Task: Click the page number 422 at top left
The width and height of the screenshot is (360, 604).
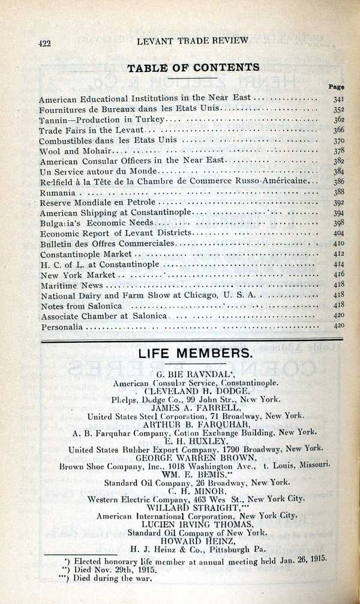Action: (43, 42)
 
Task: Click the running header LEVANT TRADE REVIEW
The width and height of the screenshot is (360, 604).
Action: (192, 40)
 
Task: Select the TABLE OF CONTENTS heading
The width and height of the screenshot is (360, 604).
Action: (193, 67)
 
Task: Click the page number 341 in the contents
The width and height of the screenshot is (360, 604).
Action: (338, 98)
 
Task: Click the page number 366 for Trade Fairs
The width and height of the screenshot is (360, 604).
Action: (338, 130)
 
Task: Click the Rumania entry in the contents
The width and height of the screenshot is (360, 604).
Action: (58, 193)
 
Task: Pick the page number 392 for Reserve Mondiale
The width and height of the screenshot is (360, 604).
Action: (338, 203)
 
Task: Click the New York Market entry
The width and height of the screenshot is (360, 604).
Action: (77, 275)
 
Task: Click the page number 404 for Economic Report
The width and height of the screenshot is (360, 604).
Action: (338, 234)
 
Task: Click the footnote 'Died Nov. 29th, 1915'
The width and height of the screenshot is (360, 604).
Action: (114, 569)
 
